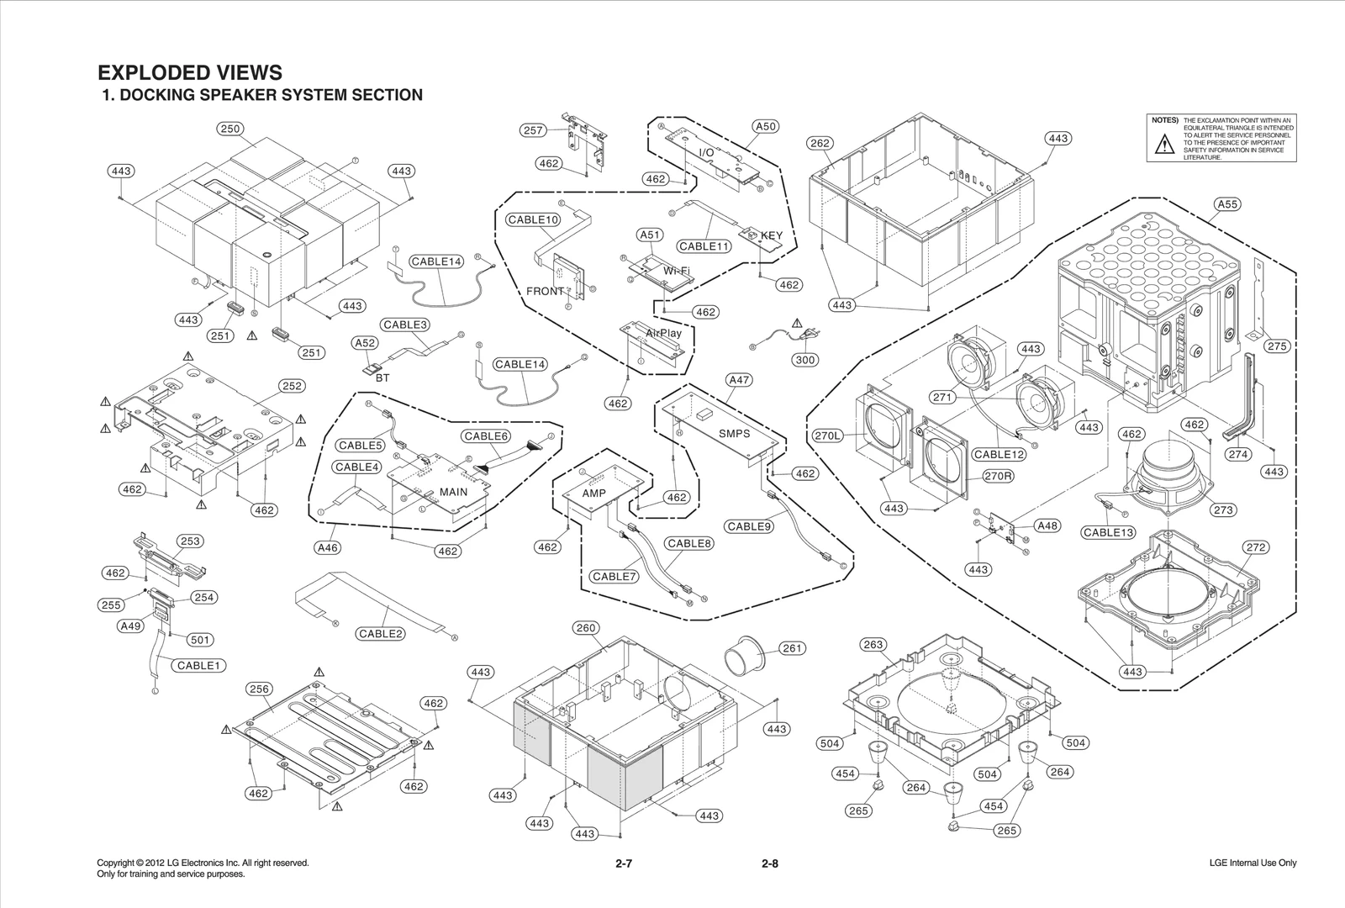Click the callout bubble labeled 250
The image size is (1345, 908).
click(x=230, y=129)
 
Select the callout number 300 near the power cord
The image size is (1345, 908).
click(x=805, y=360)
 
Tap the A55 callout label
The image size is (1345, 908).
click(x=1228, y=204)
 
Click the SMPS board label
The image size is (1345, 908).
click(x=734, y=434)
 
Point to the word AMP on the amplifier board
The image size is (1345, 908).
click(x=594, y=494)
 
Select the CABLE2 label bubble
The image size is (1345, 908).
click(x=381, y=633)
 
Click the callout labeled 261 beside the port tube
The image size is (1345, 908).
click(x=792, y=648)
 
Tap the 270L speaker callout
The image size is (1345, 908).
click(x=828, y=436)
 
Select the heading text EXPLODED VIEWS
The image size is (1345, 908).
click(x=190, y=73)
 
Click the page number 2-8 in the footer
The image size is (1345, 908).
click(x=769, y=863)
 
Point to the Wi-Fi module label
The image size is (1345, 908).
click(x=677, y=271)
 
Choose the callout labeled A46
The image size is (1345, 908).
click(x=327, y=547)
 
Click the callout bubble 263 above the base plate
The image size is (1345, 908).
click(x=873, y=645)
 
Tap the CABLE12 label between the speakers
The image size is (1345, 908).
click(x=1000, y=454)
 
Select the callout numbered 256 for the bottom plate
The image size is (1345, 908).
click(x=259, y=689)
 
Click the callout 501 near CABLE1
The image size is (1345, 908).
click(x=199, y=640)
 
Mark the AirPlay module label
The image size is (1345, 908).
click(x=664, y=333)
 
